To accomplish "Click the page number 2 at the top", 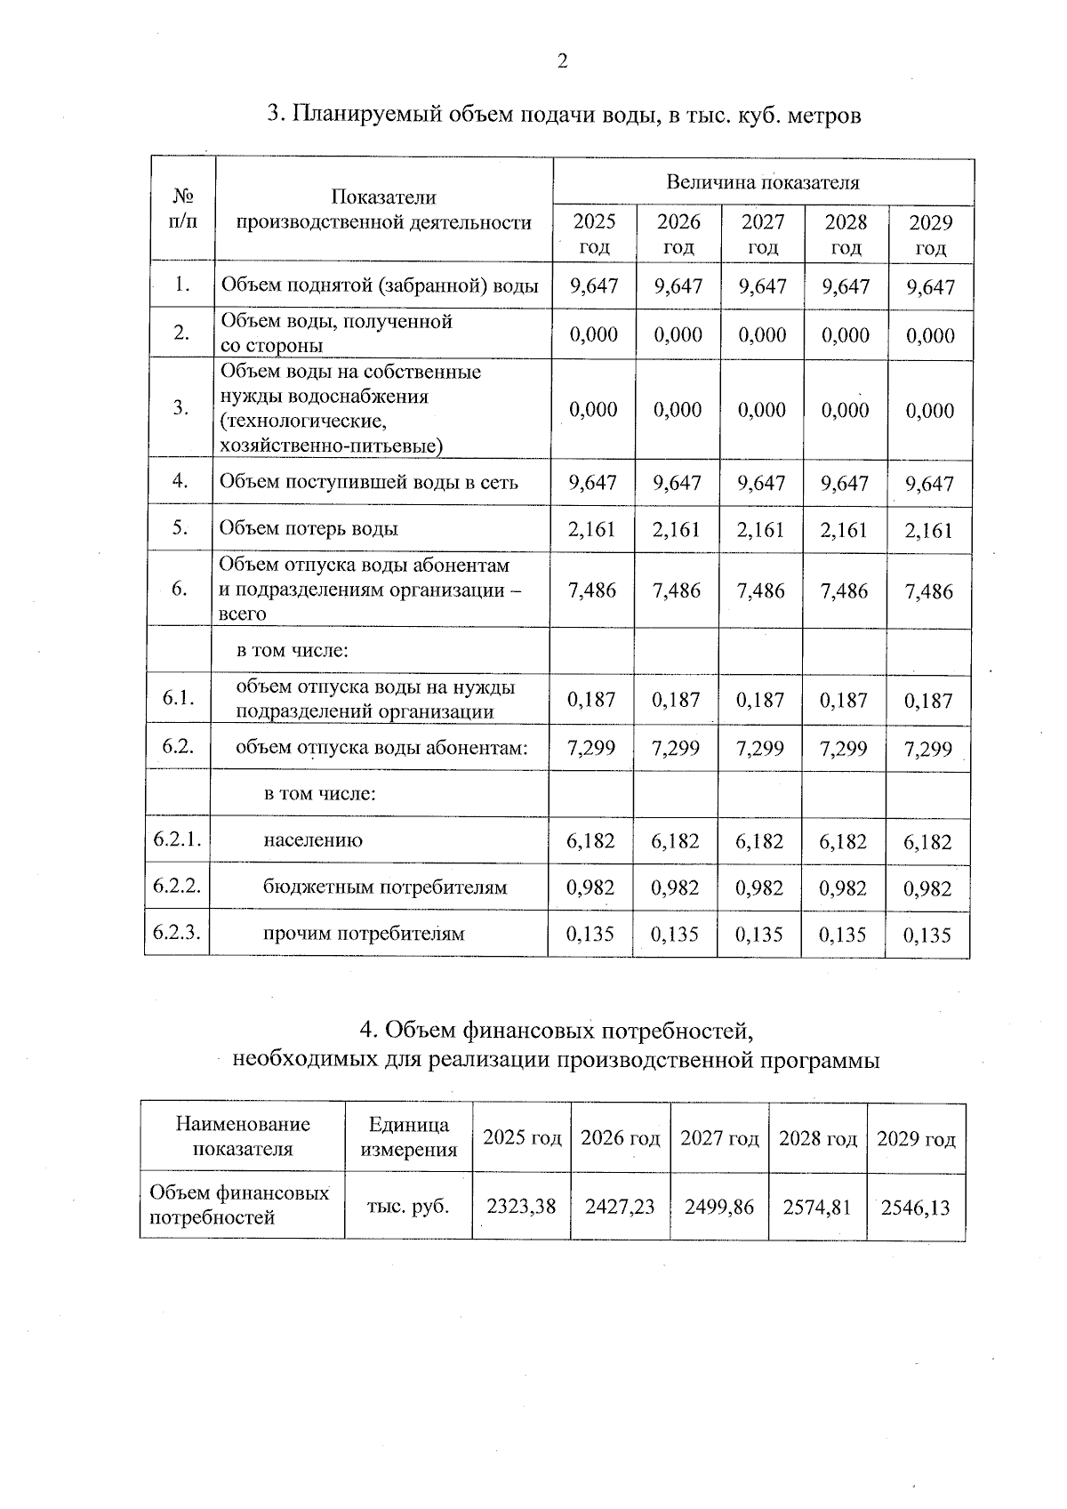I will pyautogui.click(x=561, y=60).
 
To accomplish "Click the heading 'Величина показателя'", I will pyautogui.click(x=763, y=182).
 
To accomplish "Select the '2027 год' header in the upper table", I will pyautogui.click(x=763, y=234).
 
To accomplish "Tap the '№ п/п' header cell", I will pyautogui.click(x=182, y=208).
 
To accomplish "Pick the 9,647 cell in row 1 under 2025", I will pyautogui.click(x=593, y=285).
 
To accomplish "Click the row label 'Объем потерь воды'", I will pyautogui.click(x=309, y=528).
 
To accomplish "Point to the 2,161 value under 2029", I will pyautogui.click(x=928, y=531).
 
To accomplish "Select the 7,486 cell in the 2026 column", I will pyautogui.click(x=677, y=590).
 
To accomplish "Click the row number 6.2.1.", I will pyautogui.click(x=177, y=839).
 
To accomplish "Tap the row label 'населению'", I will pyautogui.click(x=313, y=839).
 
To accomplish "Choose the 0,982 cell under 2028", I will pyautogui.click(x=843, y=887).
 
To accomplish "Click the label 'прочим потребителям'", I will pyautogui.click(x=364, y=933).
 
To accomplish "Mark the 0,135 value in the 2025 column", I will pyautogui.click(x=591, y=934).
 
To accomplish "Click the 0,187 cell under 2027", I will pyautogui.click(x=760, y=700).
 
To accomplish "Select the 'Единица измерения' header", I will pyautogui.click(x=408, y=1137).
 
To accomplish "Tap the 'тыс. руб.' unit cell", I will pyautogui.click(x=408, y=1207).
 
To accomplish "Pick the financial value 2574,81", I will pyautogui.click(x=816, y=1207).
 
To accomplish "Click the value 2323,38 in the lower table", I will pyautogui.click(x=521, y=1207).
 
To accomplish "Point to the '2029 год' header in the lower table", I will pyautogui.click(x=916, y=1138).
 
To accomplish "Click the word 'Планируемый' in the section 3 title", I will pyautogui.click(x=369, y=115).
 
